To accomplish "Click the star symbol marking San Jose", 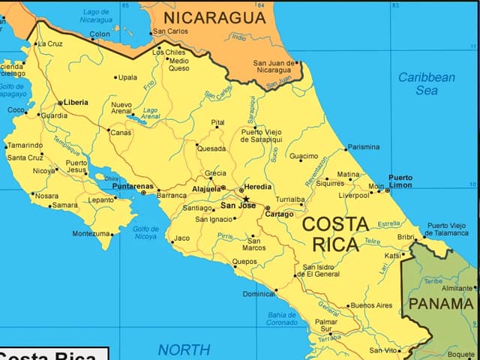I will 246,199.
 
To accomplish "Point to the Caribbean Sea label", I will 426,83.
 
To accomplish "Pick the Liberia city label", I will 76,102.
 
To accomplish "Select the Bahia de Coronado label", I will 283,319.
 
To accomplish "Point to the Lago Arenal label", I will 150,113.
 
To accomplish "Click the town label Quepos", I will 244,262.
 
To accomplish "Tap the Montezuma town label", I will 91,234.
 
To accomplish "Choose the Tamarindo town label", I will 25,145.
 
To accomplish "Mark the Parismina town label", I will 364,147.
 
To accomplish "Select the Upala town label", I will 127,77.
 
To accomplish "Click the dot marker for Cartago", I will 267,208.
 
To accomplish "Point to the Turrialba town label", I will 289,199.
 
